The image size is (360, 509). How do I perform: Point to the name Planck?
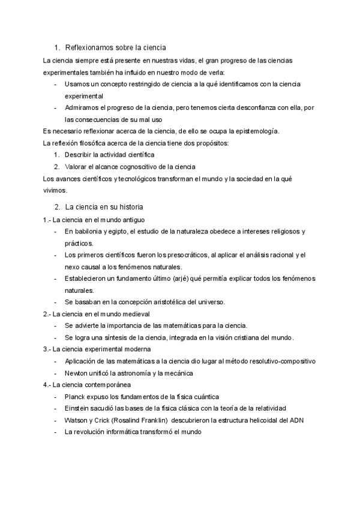[x=75, y=397]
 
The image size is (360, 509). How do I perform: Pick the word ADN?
[x=297, y=420]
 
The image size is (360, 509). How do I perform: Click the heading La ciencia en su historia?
[x=104, y=207]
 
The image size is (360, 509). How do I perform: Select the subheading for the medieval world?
[x=96, y=314]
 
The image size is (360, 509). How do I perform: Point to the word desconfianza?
[x=259, y=107]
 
